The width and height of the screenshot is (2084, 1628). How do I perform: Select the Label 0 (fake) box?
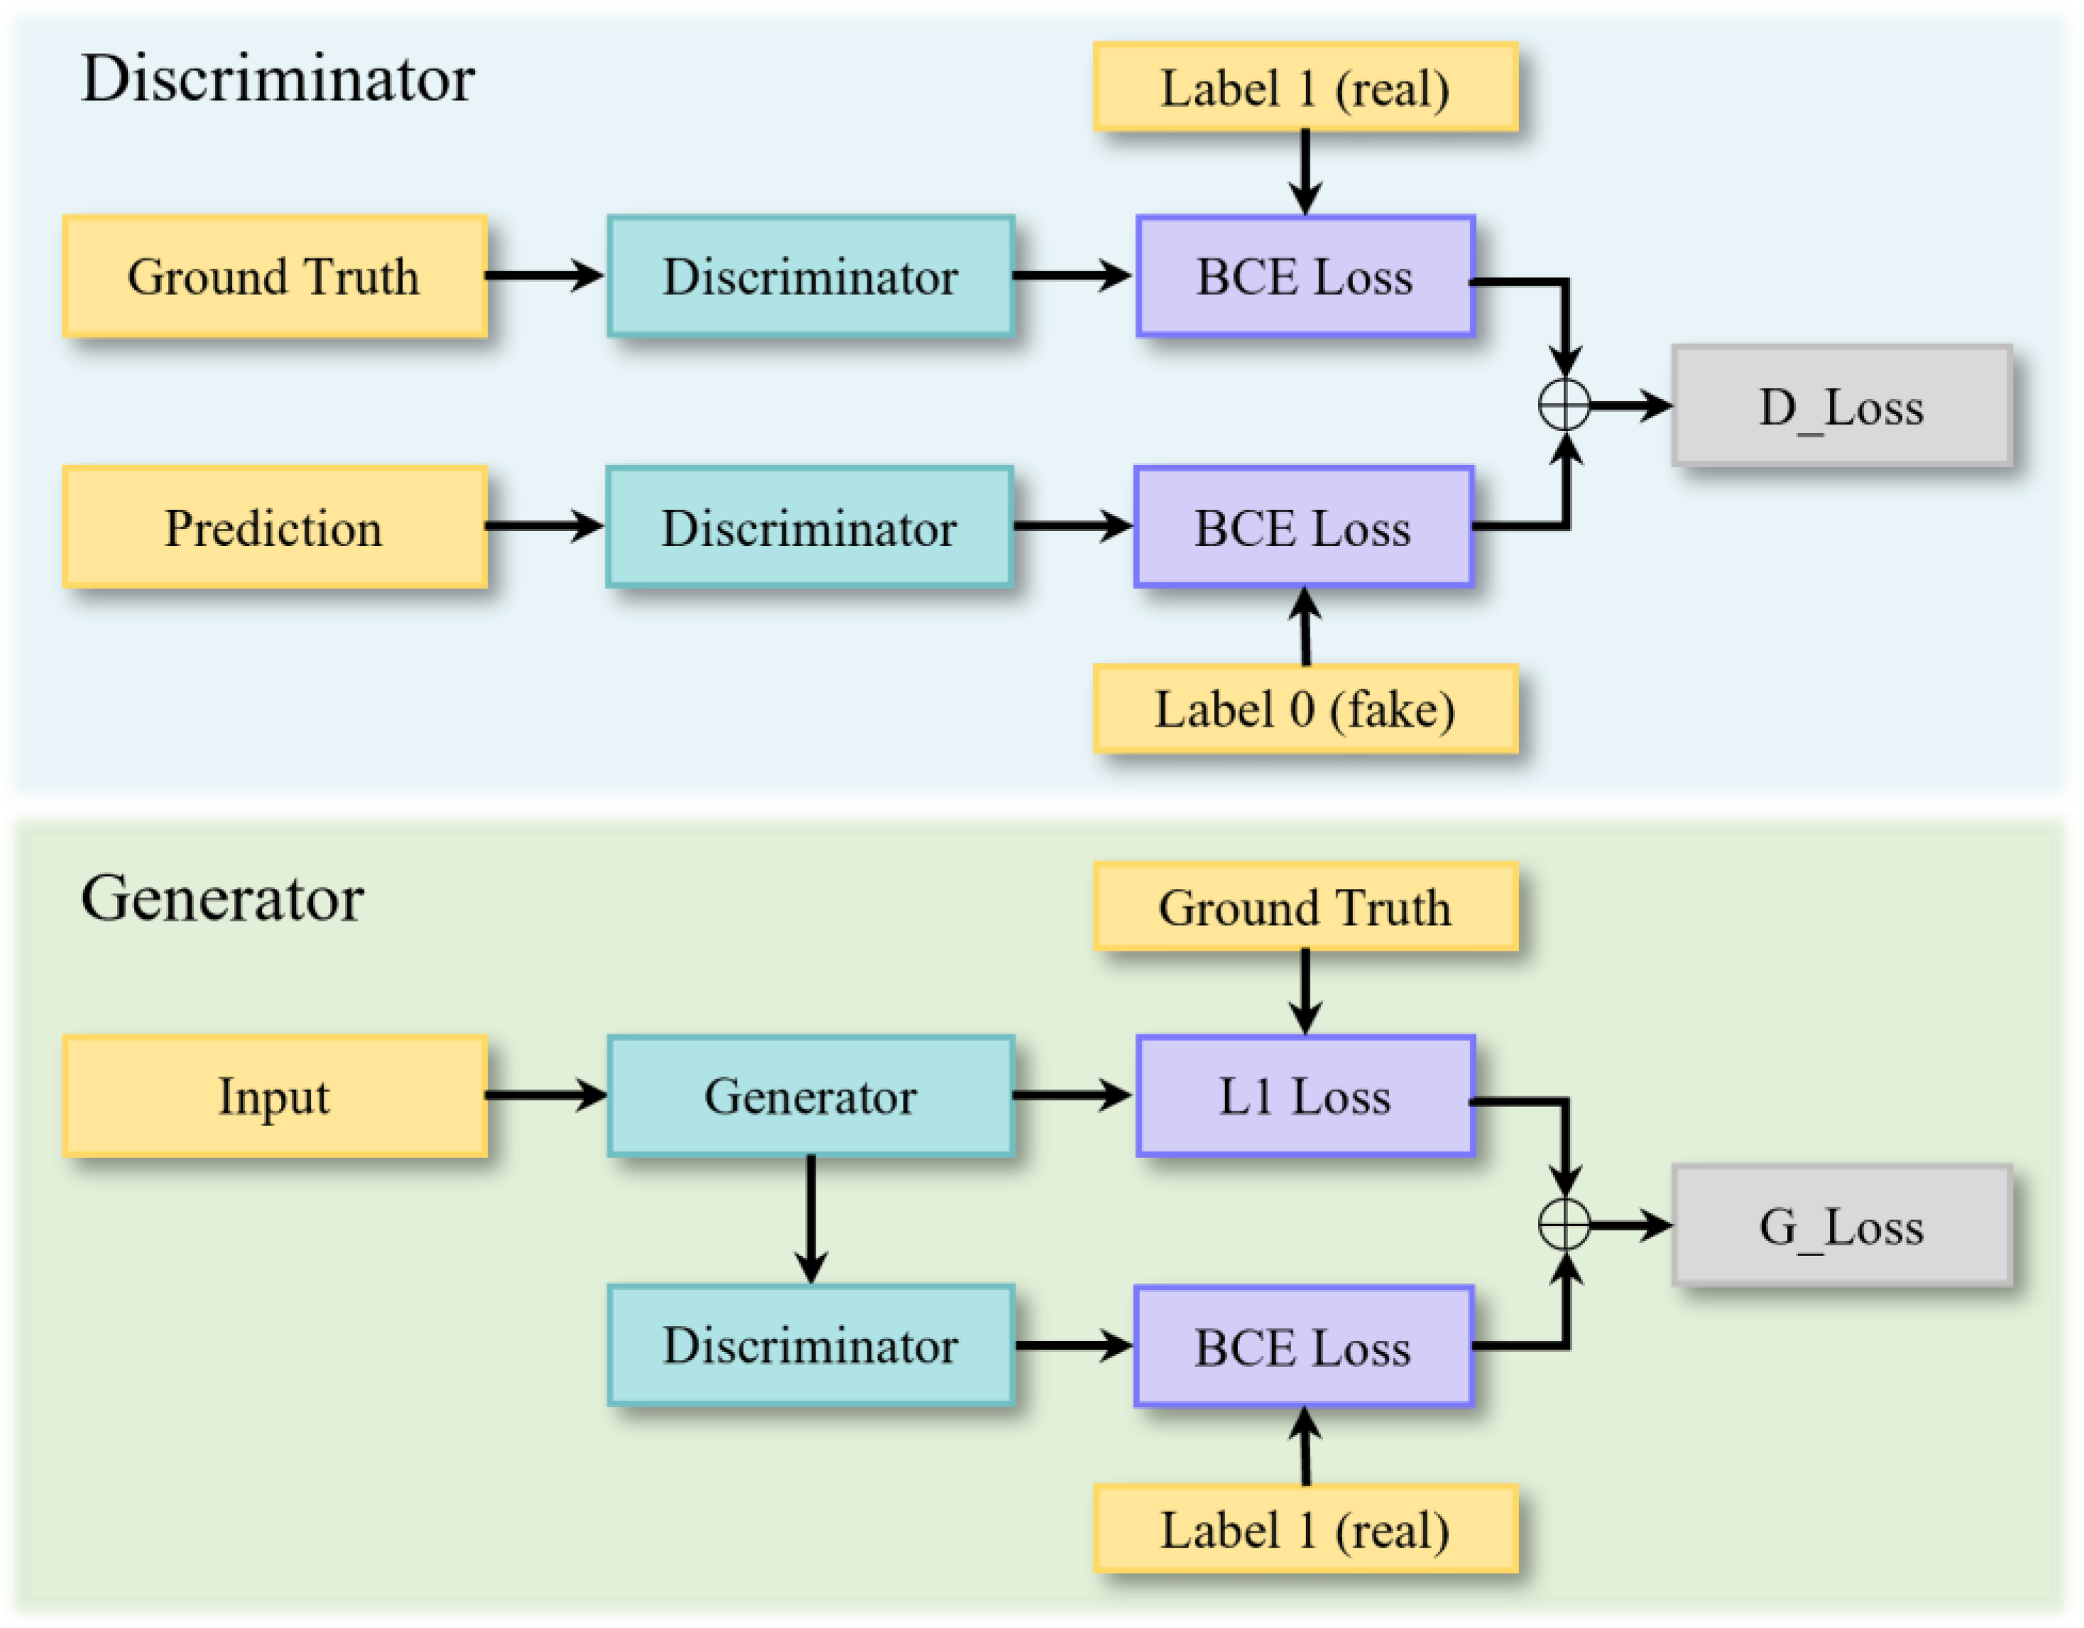click(x=1305, y=709)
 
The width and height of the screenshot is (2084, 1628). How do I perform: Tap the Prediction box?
click(x=275, y=528)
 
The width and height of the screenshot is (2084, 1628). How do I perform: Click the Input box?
click(x=275, y=1096)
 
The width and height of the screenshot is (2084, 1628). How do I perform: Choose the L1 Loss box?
click(x=1305, y=1096)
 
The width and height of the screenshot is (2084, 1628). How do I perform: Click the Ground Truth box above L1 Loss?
click(x=1305, y=907)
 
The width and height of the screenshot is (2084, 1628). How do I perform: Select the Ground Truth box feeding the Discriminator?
click(x=275, y=277)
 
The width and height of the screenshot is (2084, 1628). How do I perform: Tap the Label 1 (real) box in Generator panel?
click(x=1305, y=1530)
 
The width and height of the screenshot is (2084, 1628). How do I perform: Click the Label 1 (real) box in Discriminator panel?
click(x=1305, y=88)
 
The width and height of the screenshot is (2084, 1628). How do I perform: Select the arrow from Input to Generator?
click(x=546, y=1095)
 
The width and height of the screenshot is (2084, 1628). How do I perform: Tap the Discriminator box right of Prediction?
click(x=809, y=528)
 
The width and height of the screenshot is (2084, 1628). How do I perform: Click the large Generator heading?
click(x=222, y=899)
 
